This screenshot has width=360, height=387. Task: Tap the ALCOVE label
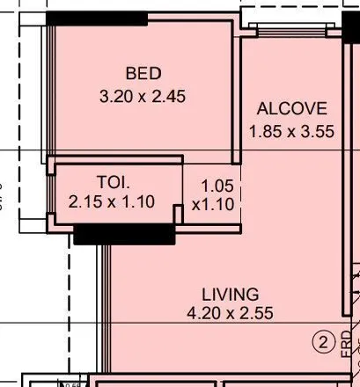(291, 110)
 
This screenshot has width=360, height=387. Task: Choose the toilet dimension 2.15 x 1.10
(111, 201)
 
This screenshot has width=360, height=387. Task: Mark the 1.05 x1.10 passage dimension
(214, 194)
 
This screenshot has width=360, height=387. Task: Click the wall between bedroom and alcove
(237, 97)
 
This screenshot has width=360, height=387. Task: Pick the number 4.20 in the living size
(202, 313)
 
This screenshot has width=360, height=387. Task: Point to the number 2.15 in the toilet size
(84, 201)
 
